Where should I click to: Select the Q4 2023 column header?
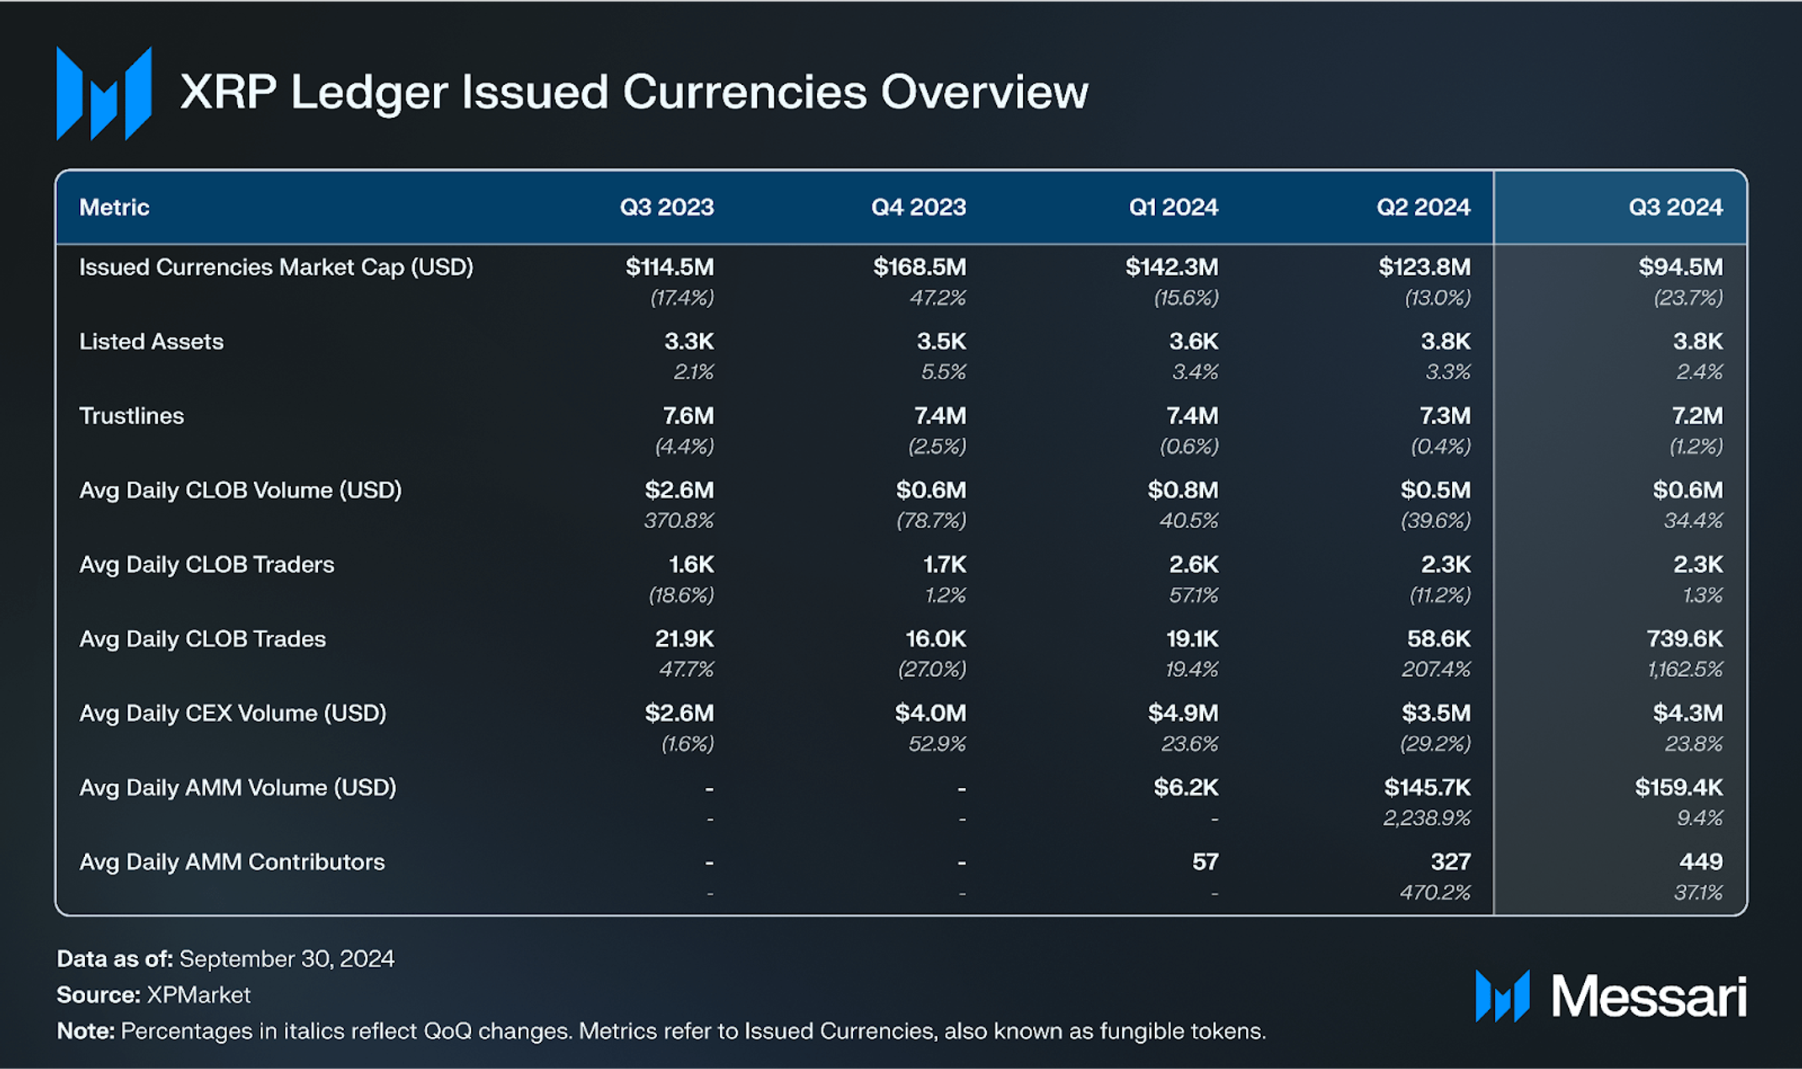pyautogui.click(x=918, y=207)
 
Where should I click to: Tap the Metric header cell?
pyautogui.click(x=114, y=207)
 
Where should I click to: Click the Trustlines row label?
pyautogui.click(x=131, y=416)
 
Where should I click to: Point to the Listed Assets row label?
pyautogui.click(x=151, y=342)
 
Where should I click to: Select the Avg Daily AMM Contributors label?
pyautogui.click(x=232, y=862)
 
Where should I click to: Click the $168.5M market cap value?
pyautogui.click(x=919, y=268)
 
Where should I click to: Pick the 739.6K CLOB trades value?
pyautogui.click(x=1683, y=639)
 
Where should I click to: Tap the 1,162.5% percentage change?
pyautogui.click(x=1684, y=669)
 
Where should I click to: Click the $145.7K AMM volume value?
pyautogui.click(x=1427, y=788)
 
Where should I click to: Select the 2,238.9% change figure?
pyautogui.click(x=1426, y=818)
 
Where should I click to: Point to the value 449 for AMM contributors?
pyautogui.click(x=1700, y=862)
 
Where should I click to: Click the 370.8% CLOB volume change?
pyautogui.click(x=678, y=521)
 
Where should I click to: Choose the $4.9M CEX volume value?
pyautogui.click(x=1182, y=714)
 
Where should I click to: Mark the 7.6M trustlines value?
pyautogui.click(x=687, y=416)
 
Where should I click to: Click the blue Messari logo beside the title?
pyautogui.click(x=103, y=93)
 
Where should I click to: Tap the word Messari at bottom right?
pyautogui.click(x=1648, y=997)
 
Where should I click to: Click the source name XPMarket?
pyautogui.click(x=199, y=995)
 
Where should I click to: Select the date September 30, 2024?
pyautogui.click(x=287, y=959)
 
